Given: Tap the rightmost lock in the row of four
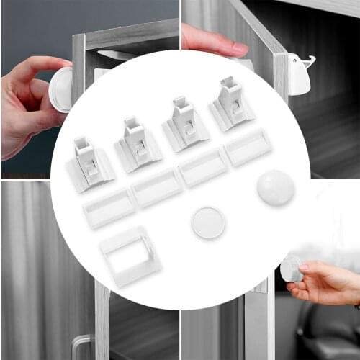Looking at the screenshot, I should pos(231,106).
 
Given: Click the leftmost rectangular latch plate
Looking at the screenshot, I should pos(109,207).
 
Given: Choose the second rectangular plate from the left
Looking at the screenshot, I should pos(156,187).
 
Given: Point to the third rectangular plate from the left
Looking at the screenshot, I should pos(202,167).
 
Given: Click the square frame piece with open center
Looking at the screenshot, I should pos(130,256).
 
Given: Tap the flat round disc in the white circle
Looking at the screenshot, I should pos(208,223).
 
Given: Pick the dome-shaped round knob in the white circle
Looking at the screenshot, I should pos(275,187).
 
